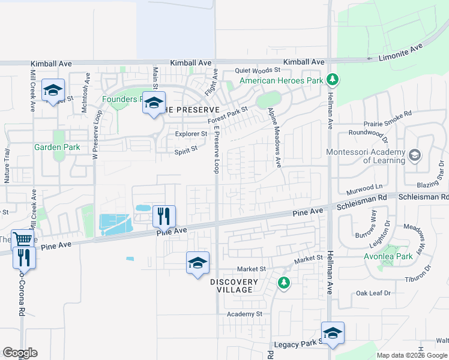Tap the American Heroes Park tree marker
coord(332,80)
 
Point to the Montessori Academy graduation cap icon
coord(414,156)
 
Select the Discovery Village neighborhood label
coord(234,286)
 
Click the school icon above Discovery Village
coord(197,262)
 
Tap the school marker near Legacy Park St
coord(333,332)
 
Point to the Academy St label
coord(244,314)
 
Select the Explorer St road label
coord(190,134)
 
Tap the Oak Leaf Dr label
coord(373,293)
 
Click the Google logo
coord(20,353)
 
